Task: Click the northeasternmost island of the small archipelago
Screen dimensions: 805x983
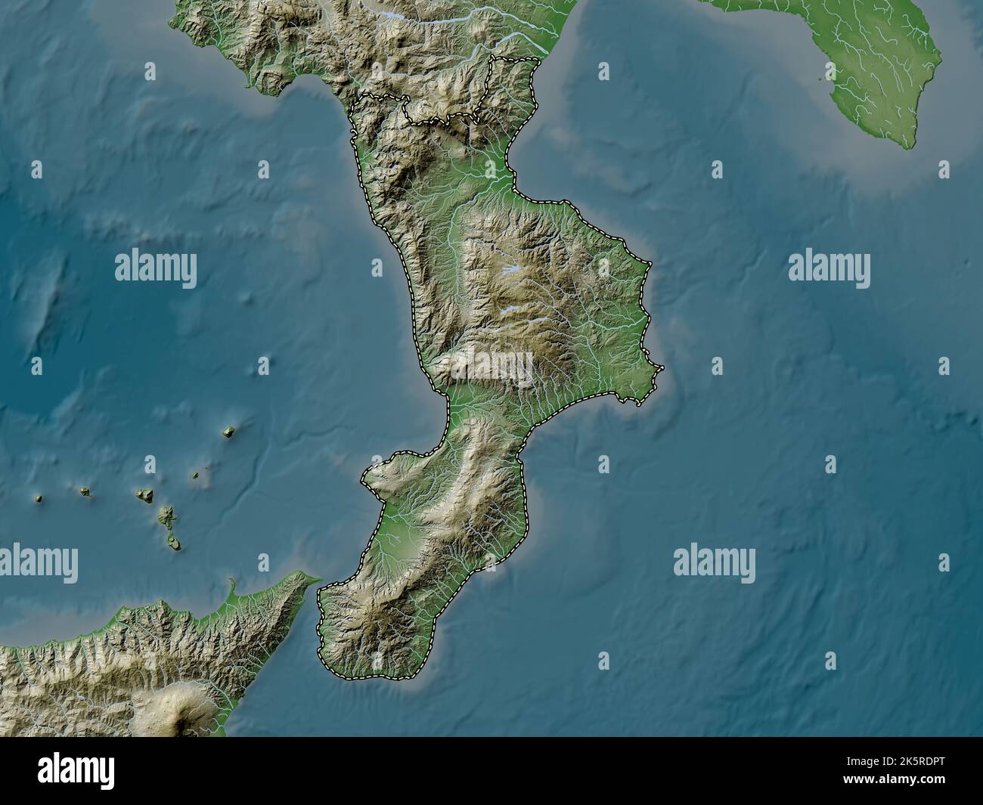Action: [227, 432]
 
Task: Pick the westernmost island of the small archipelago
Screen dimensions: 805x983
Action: [38, 498]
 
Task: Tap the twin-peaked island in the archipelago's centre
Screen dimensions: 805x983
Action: [144, 495]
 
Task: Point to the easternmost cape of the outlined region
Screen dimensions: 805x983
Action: [661, 368]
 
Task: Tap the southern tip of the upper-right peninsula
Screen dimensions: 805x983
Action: [912, 144]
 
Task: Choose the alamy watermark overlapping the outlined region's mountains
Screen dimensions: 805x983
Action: [492, 370]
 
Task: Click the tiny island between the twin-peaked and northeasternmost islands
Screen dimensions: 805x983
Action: [196, 476]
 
